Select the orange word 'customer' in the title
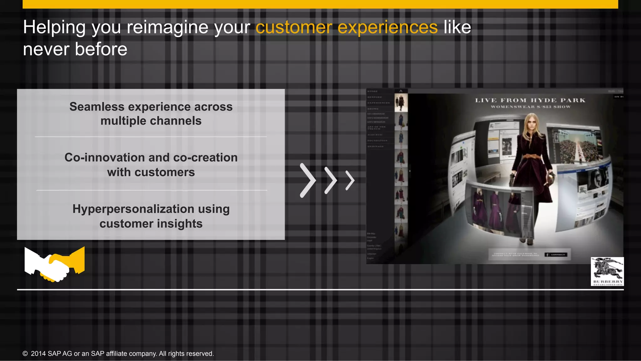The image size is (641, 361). point(294,27)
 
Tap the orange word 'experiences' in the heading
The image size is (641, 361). point(387,28)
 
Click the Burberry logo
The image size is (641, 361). point(607,271)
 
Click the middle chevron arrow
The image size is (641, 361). point(331,180)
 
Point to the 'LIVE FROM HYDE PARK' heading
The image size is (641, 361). point(530,101)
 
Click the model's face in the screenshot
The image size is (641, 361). point(531,123)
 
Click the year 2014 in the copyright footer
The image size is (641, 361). point(38,354)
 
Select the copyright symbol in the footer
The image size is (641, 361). point(25,354)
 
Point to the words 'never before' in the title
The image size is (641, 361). point(75,50)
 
